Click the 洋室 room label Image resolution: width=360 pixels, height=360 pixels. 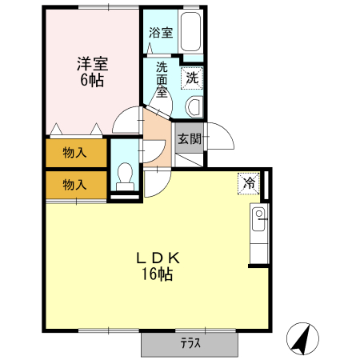[93, 63]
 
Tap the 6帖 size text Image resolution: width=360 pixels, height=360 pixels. [93, 81]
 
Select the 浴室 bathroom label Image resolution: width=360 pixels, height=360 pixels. [160, 33]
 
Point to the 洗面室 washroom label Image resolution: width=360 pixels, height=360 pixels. [162, 79]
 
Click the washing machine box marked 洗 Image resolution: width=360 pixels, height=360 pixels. [192, 78]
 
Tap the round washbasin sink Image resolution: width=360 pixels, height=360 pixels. [194, 107]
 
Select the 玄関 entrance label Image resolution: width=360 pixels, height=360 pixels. [189, 139]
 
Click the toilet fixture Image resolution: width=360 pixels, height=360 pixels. [124, 175]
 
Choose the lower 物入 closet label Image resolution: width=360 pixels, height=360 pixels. [74, 185]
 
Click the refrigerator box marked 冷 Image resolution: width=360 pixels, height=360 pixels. [249, 183]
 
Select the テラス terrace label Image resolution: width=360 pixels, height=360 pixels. [190, 345]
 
